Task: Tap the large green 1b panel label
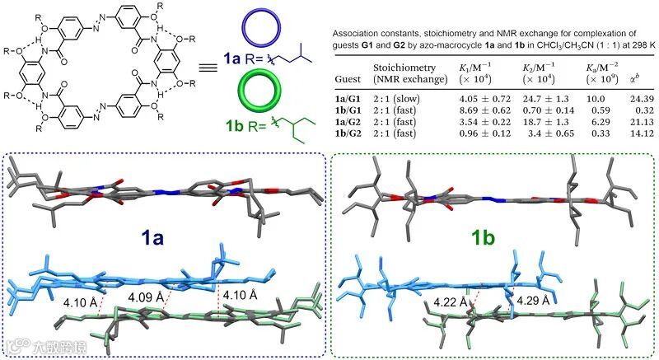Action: [488, 239]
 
